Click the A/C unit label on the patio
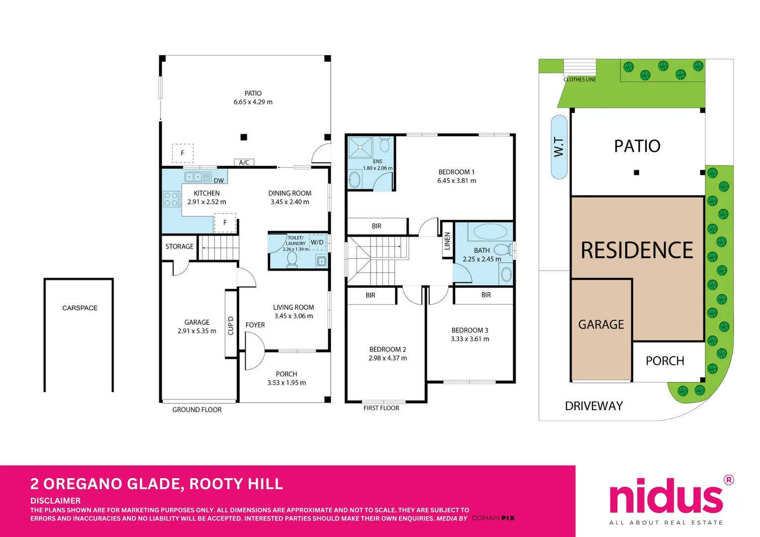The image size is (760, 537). pos(244,163)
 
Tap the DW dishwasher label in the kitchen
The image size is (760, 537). pos(219,181)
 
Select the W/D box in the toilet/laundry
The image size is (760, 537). pos(317,242)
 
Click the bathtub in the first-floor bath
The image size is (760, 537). pos(490,232)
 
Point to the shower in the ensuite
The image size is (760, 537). pos(360,147)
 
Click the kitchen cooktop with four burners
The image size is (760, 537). pos(172,199)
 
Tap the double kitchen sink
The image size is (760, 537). pos(198,177)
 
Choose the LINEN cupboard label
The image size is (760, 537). pos(447,241)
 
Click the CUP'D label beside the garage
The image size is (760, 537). pos(231,326)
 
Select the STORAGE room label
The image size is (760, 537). pos(180,247)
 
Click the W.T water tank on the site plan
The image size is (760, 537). pos(559,147)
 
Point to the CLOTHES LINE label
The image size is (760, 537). pos(579,80)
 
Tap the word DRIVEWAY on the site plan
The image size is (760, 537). pos(594,406)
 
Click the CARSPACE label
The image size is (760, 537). pos(80,308)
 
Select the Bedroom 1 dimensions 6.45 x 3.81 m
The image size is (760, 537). pos(456,181)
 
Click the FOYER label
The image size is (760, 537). pos(255,325)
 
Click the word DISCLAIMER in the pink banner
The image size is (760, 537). pos(56,501)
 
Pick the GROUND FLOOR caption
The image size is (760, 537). pos(197,410)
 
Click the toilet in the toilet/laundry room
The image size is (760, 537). pos(292,260)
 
